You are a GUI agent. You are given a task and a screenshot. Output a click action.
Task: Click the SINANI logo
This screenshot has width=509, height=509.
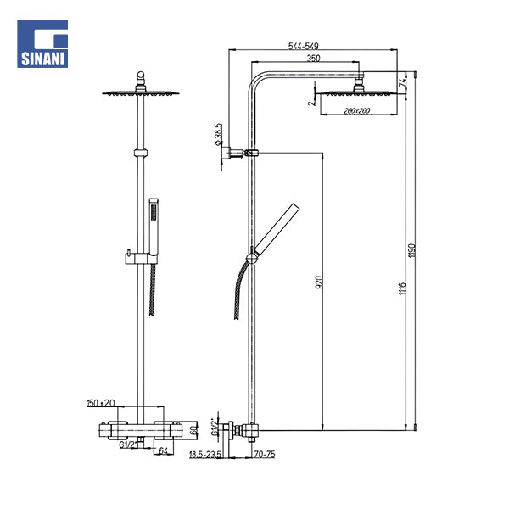pyautogui.click(x=42, y=43)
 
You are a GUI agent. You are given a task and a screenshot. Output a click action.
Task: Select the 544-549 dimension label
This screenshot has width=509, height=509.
pyautogui.click(x=304, y=46)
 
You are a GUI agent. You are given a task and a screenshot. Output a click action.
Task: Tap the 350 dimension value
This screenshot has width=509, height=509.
pyautogui.click(x=313, y=59)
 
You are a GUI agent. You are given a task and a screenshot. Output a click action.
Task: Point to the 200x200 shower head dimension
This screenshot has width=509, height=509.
pyautogui.click(x=357, y=110)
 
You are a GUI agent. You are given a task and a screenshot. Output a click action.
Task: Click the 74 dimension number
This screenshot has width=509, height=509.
pyautogui.click(x=402, y=81)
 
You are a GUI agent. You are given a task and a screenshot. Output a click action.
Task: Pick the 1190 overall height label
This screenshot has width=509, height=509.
pyautogui.click(x=412, y=250)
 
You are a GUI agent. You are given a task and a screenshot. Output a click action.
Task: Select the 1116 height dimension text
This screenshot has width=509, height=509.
pyautogui.click(x=402, y=288)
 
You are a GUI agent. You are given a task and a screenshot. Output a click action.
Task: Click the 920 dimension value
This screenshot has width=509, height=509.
pyautogui.click(x=320, y=282)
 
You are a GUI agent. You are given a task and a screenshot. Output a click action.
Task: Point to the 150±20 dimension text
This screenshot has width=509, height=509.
pyautogui.click(x=101, y=403)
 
